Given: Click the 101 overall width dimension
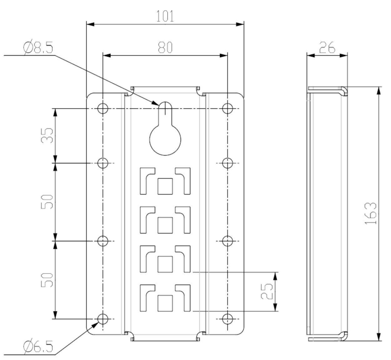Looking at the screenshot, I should coord(165,16).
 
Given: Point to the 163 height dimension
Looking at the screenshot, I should coord(371,213).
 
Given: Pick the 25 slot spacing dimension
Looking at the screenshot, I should coord(266,292).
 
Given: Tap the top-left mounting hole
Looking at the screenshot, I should coord(103,108).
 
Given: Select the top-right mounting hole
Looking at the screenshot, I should coord(228,108).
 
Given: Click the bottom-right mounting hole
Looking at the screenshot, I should coord(228,319).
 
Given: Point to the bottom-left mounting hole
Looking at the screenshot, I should coord(103,319).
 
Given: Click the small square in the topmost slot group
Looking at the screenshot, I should coord(165,186).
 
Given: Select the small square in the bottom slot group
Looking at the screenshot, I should coord(165,302).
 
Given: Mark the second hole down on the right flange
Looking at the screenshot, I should coord(228,163).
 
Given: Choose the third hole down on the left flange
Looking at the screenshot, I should coord(103,241).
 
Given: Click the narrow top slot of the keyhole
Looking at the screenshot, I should coord(165,112).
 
